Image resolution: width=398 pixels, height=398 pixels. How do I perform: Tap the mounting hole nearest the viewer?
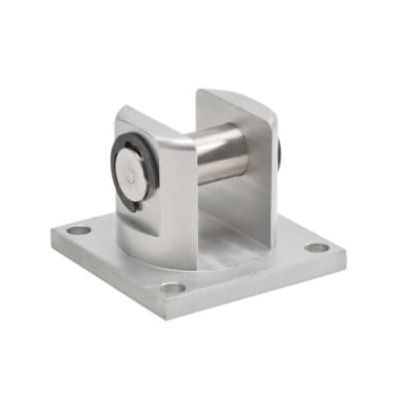173,289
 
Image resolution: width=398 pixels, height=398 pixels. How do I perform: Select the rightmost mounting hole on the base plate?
315,248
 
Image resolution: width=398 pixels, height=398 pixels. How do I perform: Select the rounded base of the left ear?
149,254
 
